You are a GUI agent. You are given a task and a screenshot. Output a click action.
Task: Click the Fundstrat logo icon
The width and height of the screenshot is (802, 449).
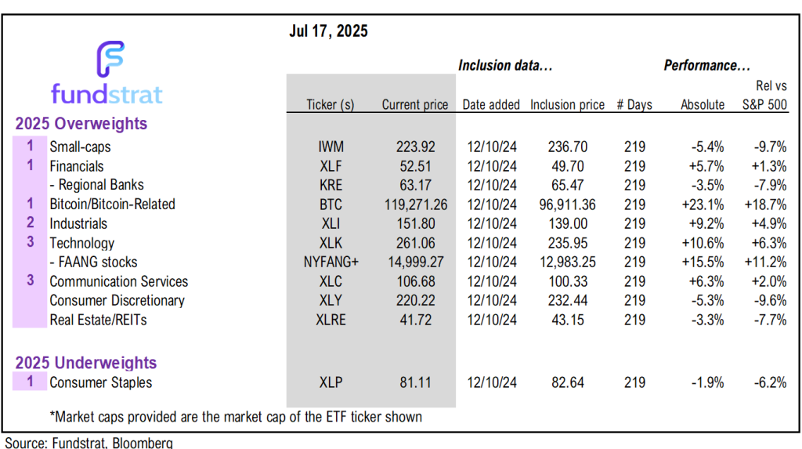[110, 60]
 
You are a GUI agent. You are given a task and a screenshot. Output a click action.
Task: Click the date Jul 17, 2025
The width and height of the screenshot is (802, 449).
[329, 31]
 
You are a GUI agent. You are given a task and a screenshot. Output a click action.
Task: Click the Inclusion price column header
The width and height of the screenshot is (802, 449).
[567, 105]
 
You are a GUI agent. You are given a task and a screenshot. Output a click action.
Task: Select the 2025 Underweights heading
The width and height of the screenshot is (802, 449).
[87, 363]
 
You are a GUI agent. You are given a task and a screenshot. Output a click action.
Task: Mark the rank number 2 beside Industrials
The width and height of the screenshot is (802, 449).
[31, 223]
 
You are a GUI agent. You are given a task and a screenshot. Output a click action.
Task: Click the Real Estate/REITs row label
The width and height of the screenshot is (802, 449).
[98, 320]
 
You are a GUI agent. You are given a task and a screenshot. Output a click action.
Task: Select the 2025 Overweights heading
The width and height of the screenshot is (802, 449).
[82, 123]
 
